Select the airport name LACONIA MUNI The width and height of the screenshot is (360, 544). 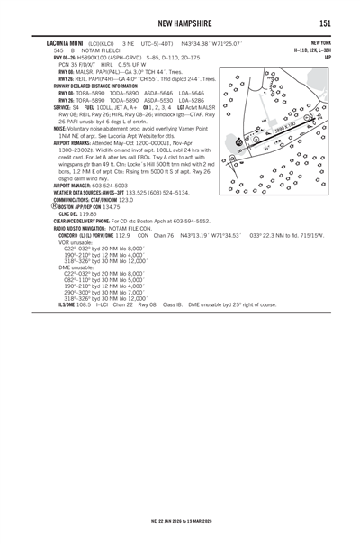65,43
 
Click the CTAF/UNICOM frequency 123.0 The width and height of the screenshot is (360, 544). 118,199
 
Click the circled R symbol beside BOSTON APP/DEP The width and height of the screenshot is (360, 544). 58,206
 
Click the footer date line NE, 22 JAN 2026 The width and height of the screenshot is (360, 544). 180,522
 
